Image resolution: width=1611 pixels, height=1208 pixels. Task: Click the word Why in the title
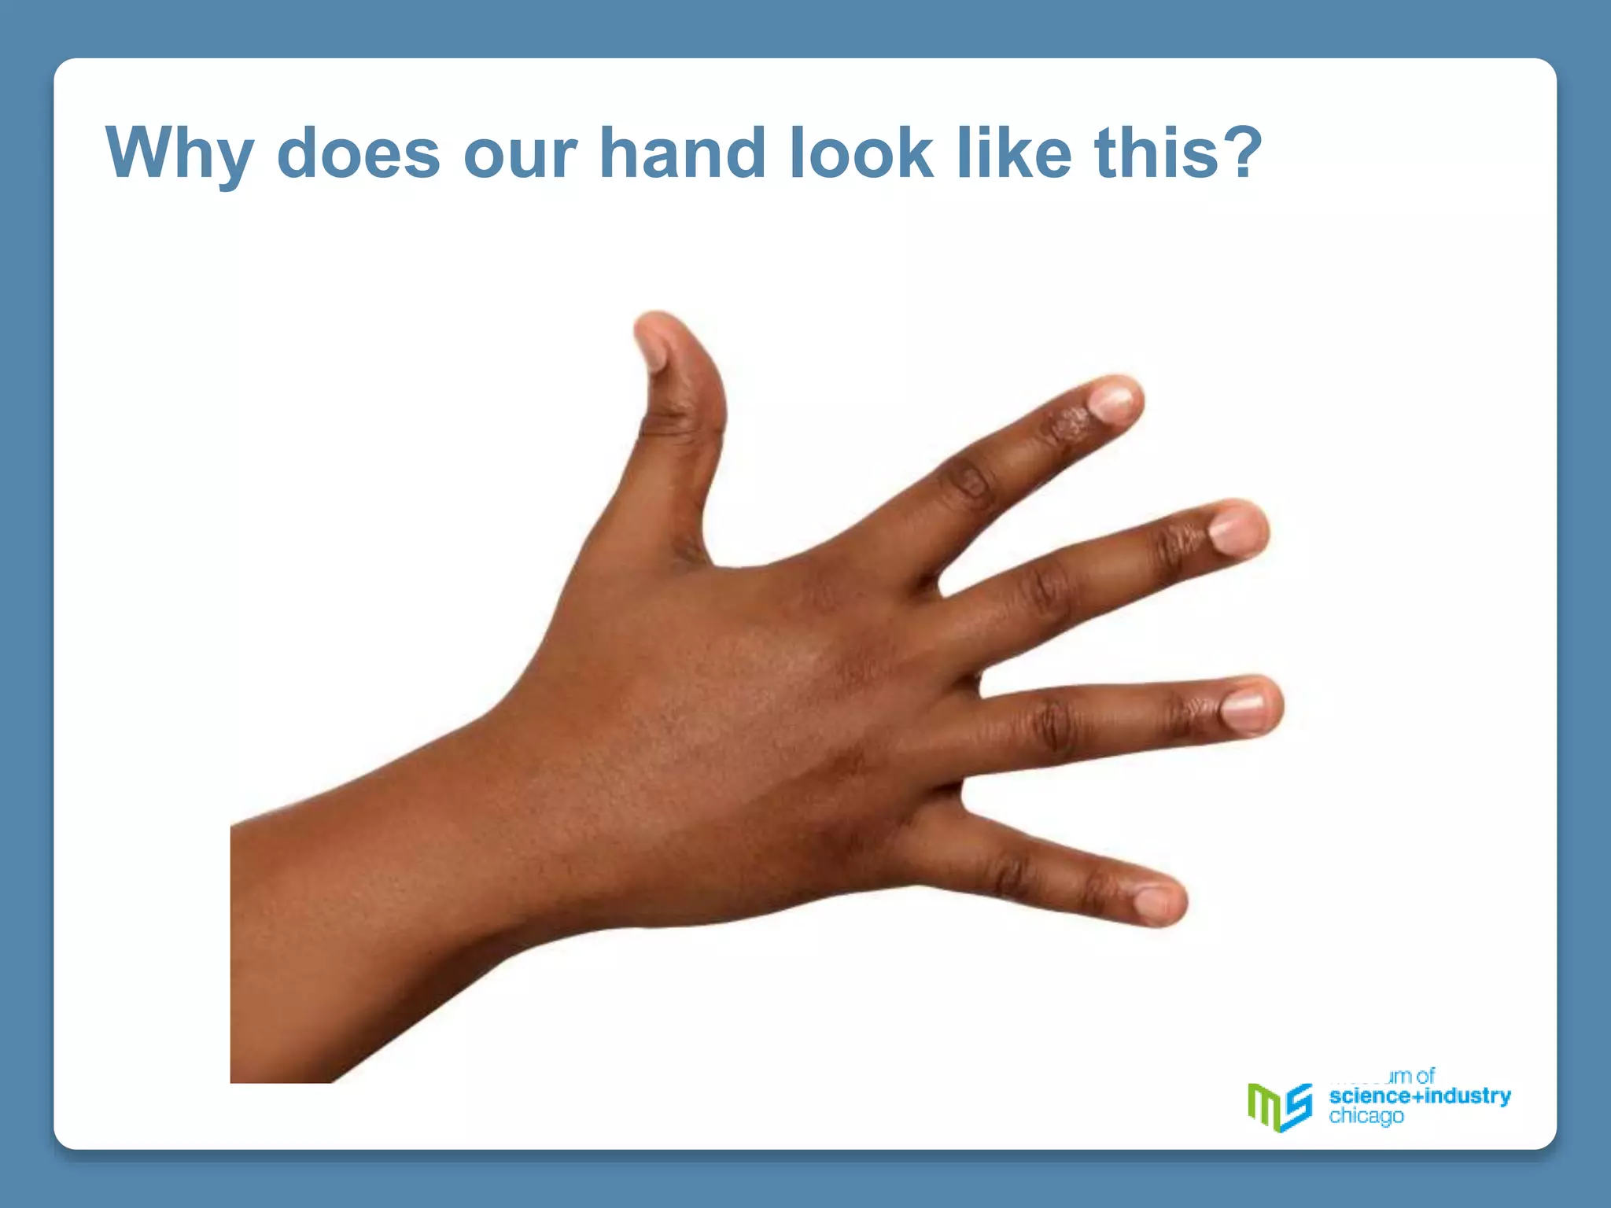tap(179, 153)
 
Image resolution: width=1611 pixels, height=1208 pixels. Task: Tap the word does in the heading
tap(358, 153)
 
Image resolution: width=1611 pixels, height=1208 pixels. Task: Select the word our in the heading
tap(520, 153)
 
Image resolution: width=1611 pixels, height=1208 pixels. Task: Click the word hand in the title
tap(682, 153)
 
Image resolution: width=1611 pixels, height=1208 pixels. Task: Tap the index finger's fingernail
tap(1112, 401)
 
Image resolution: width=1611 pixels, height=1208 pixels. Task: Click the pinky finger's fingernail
tap(1154, 900)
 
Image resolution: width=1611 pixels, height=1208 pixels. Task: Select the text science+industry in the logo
tap(1419, 1096)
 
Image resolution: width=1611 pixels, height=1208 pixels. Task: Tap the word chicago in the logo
tap(1366, 1116)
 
